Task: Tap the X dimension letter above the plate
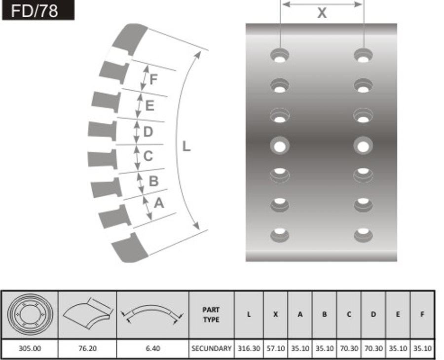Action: coord(322,13)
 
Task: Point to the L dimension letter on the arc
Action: coord(186,146)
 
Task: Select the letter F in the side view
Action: coord(153,79)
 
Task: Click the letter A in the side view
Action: coord(158,202)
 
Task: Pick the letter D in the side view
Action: coord(148,132)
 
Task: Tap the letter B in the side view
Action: coord(153,181)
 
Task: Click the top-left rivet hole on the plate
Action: coord(280,56)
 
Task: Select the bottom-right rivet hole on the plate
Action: coord(363,233)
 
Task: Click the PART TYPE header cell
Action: coord(211,315)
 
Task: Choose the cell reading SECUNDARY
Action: coord(211,348)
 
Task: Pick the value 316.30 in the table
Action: coord(249,348)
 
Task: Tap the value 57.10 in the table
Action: coord(275,348)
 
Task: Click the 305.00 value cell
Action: coord(30,348)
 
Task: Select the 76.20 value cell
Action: coord(87,348)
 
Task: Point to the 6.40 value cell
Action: coord(152,348)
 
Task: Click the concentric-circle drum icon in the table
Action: coord(30,314)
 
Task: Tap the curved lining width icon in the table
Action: coord(87,314)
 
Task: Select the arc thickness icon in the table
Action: coord(152,314)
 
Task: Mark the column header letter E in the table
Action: coord(398,315)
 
